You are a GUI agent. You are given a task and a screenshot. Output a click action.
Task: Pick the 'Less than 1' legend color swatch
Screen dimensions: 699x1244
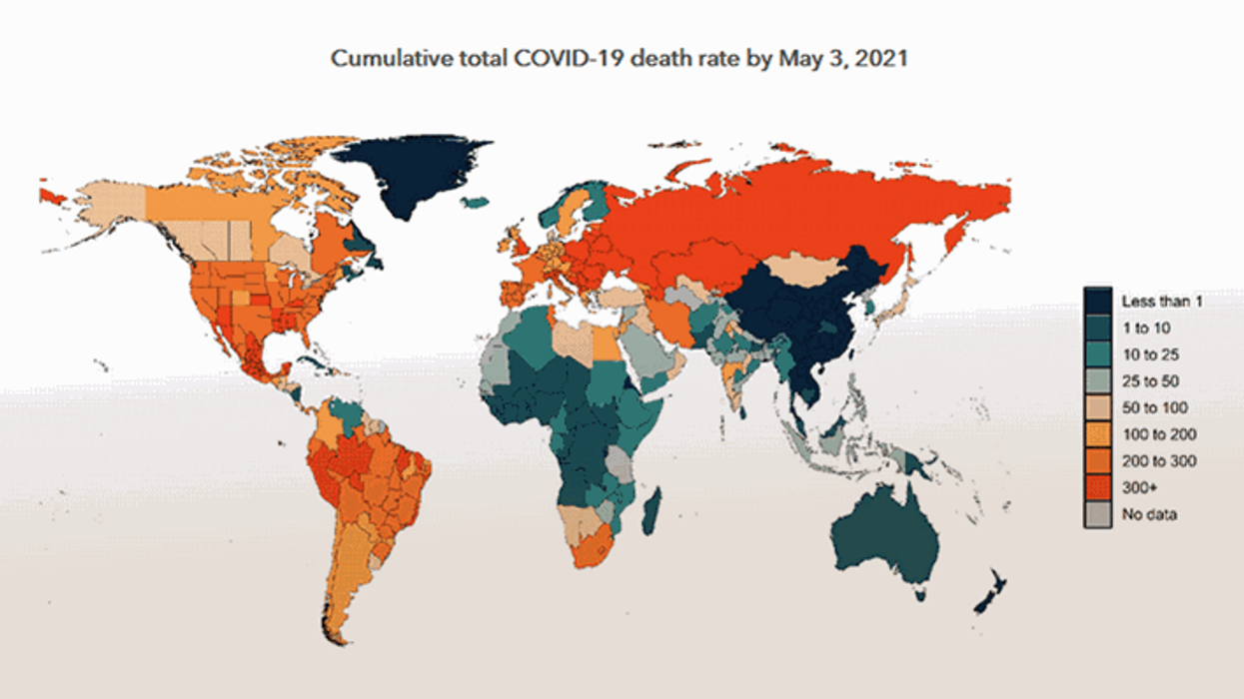point(1099,300)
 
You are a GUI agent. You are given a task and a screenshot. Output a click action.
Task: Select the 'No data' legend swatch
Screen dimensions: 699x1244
point(1099,514)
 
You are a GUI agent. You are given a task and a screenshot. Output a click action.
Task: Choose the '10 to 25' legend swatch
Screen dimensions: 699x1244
point(1099,353)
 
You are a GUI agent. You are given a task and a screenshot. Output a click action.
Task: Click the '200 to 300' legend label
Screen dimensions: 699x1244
point(1157,460)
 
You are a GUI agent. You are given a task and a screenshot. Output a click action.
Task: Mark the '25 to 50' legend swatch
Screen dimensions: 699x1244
point(1099,380)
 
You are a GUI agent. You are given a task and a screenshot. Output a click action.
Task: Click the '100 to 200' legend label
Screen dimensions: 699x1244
point(1157,434)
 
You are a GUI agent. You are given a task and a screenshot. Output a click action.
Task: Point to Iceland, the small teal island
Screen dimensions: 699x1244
point(477,203)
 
